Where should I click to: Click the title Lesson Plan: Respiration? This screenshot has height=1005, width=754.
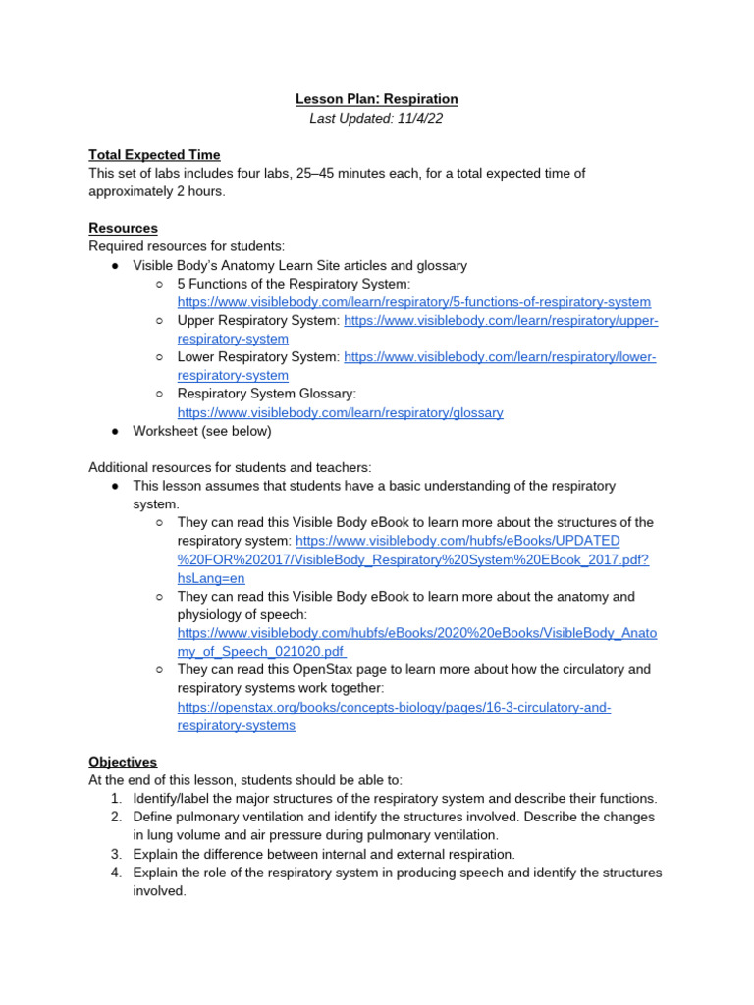tap(377, 99)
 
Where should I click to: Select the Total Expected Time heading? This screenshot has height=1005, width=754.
tap(154, 155)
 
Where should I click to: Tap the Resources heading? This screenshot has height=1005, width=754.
tap(123, 228)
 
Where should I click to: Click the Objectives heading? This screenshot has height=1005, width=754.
tap(123, 762)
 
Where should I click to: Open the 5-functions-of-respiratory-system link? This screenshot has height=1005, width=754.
tap(413, 302)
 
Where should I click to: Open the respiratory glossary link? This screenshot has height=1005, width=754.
tap(340, 413)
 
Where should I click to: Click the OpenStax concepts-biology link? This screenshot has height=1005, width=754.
tap(393, 708)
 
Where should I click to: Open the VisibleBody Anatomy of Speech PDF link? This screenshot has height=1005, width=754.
tap(416, 634)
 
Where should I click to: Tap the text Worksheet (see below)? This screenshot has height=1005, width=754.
tap(202, 431)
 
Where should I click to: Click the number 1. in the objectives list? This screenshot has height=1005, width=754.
tap(117, 799)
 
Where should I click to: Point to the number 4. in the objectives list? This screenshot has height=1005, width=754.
tap(117, 873)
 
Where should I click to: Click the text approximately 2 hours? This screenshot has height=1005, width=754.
tap(156, 191)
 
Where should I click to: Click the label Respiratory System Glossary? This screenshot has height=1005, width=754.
tap(266, 394)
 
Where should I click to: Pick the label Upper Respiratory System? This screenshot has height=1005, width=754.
tap(258, 321)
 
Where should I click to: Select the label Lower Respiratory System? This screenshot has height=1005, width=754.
tap(258, 357)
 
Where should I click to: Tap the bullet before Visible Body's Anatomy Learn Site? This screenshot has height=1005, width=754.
tap(115, 266)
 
